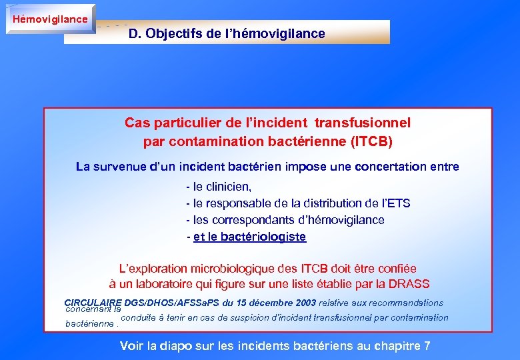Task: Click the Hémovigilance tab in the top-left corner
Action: [50, 19]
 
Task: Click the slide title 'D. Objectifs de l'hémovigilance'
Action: [227, 33]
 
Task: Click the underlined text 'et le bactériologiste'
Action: [249, 237]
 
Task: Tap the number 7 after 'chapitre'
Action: [427, 346]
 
